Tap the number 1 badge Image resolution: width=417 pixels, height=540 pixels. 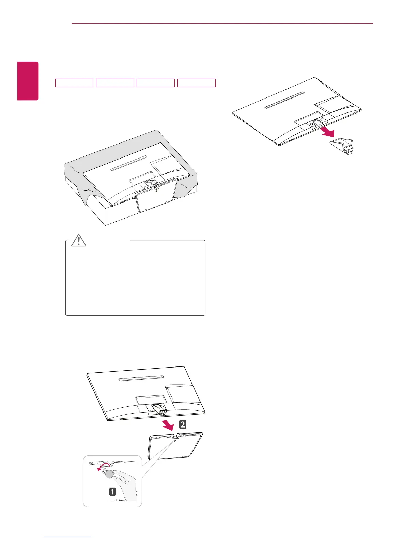pos(112,492)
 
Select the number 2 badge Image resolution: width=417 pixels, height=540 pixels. pos(183,424)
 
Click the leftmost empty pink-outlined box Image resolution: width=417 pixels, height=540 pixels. pos(74,83)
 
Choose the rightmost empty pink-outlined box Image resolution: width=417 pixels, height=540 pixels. pos(197,83)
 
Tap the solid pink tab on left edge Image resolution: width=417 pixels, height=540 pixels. pos(28,81)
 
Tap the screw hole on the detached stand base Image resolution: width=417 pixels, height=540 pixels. pos(175,441)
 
